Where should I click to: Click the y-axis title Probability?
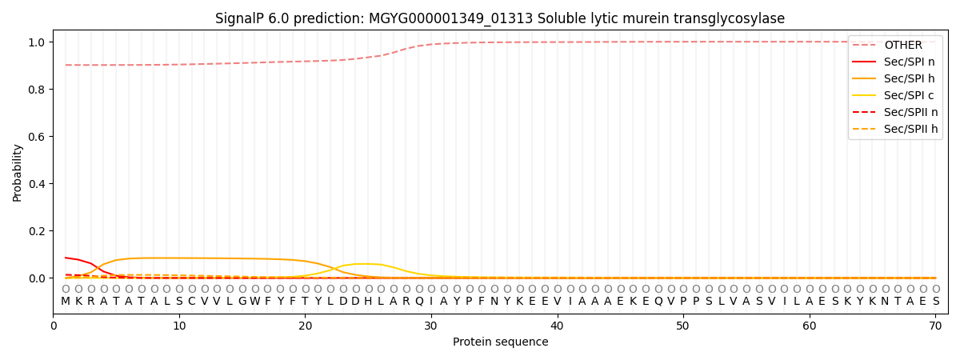click(x=18, y=172)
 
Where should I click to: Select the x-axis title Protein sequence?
click(x=500, y=342)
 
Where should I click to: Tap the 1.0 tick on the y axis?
click(x=38, y=42)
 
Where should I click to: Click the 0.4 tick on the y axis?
click(x=38, y=184)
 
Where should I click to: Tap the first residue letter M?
click(x=66, y=302)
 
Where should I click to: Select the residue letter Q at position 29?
click(x=418, y=302)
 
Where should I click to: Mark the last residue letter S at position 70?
click(x=935, y=302)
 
